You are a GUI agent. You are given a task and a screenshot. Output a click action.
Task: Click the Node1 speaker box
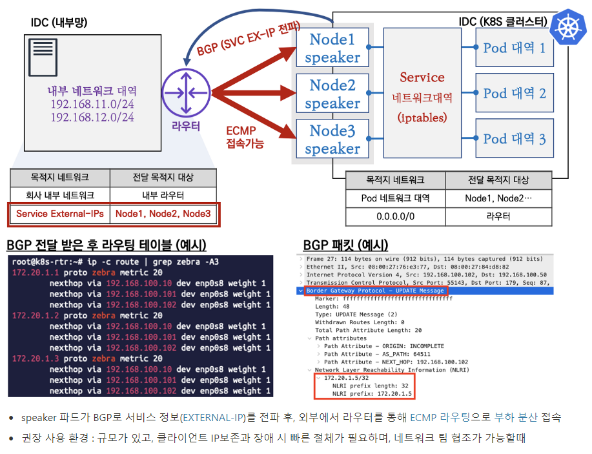point(332,47)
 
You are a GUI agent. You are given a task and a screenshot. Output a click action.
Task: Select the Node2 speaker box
point(332,93)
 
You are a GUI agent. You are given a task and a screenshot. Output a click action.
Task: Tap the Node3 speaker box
point(332,139)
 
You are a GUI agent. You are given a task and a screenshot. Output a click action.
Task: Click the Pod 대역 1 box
point(515,47)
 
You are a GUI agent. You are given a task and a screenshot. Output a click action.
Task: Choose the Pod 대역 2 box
point(515,93)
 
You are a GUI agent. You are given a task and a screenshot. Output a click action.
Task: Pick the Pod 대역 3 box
point(515,138)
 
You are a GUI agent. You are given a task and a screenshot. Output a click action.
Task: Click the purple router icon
point(185,93)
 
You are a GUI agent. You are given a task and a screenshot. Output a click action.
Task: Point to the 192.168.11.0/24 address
point(92,105)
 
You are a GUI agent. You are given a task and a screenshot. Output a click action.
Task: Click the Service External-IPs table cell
point(60,213)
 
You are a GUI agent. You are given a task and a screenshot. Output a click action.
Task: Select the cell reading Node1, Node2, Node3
point(163,213)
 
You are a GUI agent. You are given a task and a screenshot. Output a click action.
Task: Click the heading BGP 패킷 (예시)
point(345,245)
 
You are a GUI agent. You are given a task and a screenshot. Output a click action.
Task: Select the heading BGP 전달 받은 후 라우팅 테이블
point(106,245)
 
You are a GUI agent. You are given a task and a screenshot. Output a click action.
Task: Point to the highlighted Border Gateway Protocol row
point(375,291)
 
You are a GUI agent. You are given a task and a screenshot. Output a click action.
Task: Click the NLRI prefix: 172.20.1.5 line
point(372,393)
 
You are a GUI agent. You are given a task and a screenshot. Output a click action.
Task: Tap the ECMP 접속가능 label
point(245,138)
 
